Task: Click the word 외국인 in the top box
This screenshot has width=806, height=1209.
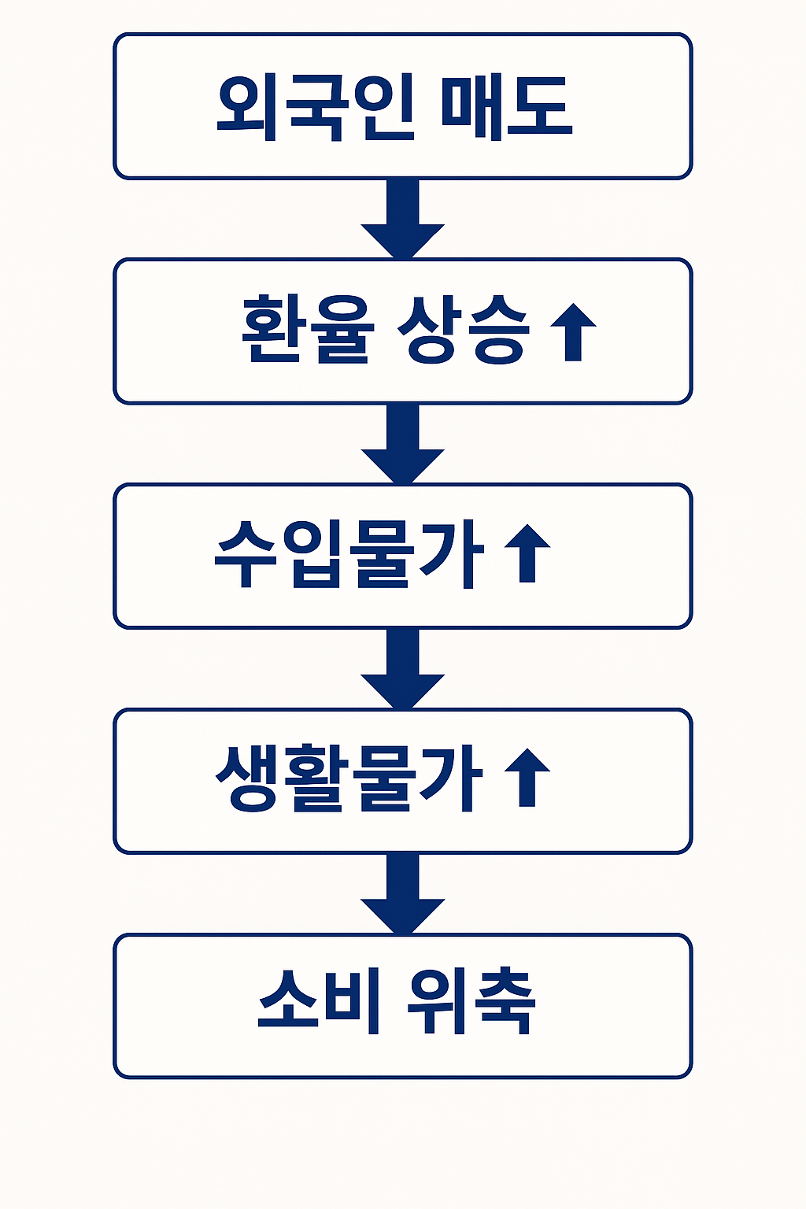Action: click(314, 107)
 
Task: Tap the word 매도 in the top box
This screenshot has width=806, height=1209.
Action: click(505, 107)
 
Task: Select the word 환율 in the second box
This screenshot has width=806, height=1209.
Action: click(305, 331)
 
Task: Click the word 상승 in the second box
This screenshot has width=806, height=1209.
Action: click(463, 331)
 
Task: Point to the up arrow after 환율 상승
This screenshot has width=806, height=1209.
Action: click(572, 331)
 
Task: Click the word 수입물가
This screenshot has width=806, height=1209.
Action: click(349, 555)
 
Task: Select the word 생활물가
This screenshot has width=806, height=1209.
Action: click(349, 779)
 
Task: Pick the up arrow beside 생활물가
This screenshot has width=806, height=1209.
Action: click(527, 778)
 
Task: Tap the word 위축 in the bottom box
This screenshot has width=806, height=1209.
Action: click(471, 1001)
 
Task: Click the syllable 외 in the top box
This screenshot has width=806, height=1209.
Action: click(247, 107)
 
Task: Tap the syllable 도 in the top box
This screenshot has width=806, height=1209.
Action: click(538, 107)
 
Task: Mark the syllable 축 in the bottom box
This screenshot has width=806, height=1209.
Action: click(505, 1001)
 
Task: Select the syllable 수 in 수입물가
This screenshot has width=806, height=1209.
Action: click(247, 555)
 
